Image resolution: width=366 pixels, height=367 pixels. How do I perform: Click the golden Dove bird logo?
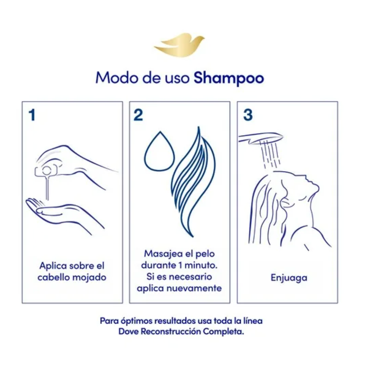pos(179,46)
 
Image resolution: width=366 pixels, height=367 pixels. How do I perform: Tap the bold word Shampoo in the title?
pos(229,78)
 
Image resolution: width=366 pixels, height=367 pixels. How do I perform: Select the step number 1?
pos(32,115)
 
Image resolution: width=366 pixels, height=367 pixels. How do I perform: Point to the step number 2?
pos(138,115)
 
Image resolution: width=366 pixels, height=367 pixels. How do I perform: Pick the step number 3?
pos(248,115)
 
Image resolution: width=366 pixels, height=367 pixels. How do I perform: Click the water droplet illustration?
pos(159,151)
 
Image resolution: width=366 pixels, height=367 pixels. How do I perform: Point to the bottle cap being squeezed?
pos(47,171)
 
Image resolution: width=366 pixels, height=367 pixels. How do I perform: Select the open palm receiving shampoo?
pos(63,214)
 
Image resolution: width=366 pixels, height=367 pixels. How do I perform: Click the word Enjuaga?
pos(289,278)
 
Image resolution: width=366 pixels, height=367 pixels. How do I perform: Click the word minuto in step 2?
pos(201,265)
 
